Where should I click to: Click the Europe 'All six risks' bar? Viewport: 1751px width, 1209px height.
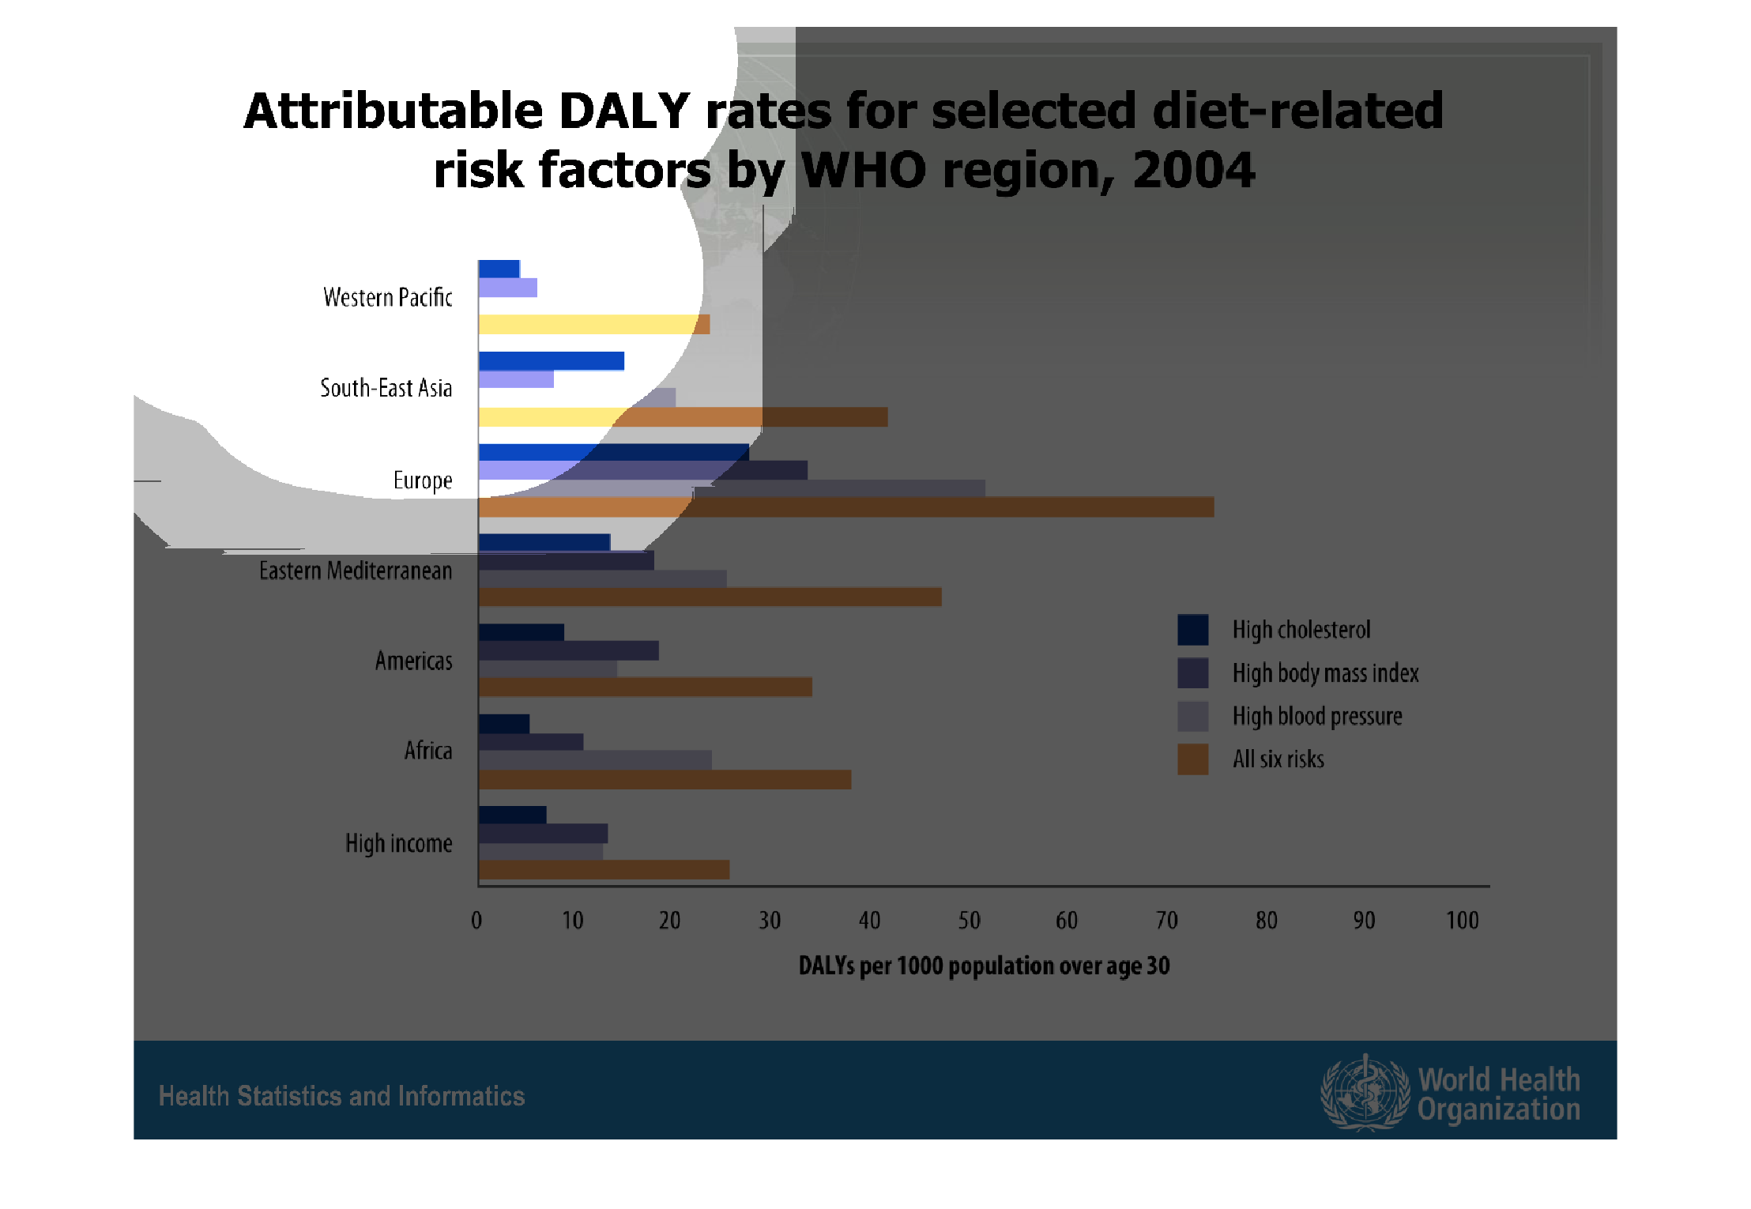tap(845, 507)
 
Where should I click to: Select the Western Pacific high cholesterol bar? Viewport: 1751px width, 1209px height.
tap(499, 269)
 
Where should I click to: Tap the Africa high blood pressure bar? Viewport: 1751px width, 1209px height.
tap(594, 760)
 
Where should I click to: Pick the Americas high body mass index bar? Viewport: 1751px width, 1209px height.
tap(568, 651)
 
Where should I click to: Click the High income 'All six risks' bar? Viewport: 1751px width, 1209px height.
tap(604, 870)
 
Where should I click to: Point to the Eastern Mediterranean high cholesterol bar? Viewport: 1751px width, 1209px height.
tap(544, 542)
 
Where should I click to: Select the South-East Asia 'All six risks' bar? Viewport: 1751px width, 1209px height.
tap(683, 417)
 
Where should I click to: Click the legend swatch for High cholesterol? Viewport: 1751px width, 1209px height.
tap(1192, 630)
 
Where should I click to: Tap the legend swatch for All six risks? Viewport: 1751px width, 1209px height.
tap(1192, 759)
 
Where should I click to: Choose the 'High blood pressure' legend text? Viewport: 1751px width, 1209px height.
tap(1317, 717)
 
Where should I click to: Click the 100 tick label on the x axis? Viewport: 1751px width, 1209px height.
tap(1462, 921)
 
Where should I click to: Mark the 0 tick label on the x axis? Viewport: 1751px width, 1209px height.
tap(476, 921)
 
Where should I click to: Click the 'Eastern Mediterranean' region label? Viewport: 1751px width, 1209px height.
tap(356, 571)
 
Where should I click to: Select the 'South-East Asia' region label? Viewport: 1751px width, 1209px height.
tap(386, 388)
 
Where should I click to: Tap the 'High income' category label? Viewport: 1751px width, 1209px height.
tap(398, 843)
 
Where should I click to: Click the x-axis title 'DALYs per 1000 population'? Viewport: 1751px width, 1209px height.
tap(984, 966)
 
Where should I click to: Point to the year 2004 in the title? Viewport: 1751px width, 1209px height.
tap(1193, 170)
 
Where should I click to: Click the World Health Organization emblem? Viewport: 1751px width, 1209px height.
tap(1365, 1093)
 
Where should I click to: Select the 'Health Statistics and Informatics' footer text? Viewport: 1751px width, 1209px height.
tap(341, 1096)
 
